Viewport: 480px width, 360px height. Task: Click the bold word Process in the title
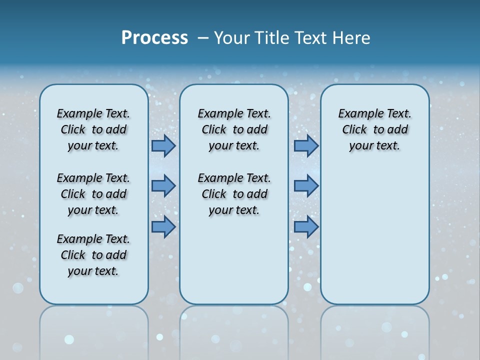coord(154,38)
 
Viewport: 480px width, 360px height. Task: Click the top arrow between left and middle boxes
coord(163,145)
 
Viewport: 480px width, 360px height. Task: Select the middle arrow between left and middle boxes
coord(163,186)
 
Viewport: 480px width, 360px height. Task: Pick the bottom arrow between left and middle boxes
coord(163,226)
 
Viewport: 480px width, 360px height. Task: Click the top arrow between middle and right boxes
coord(306,145)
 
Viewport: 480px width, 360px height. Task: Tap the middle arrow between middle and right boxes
coord(306,186)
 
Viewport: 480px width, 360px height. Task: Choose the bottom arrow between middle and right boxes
coord(306,226)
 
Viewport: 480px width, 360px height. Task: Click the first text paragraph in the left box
coord(93,129)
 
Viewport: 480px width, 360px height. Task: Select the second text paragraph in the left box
coord(93,194)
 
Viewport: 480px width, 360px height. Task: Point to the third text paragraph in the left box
coord(93,255)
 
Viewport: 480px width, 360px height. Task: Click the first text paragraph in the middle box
coord(234,129)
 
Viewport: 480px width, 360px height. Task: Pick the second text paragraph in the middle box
coord(234,194)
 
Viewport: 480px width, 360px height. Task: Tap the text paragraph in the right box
coord(374,129)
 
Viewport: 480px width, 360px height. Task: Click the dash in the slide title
coord(203,38)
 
